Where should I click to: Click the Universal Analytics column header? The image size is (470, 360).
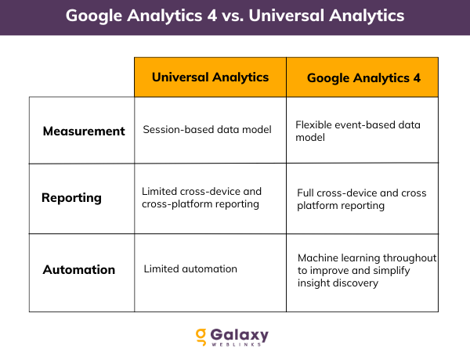pyautogui.click(x=210, y=77)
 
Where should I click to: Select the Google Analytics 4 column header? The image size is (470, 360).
pyautogui.click(x=363, y=77)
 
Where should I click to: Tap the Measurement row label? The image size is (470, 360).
pyautogui.click(x=84, y=131)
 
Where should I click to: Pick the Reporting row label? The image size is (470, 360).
pyautogui.click(x=71, y=198)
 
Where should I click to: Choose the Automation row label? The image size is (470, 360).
pyautogui.click(x=78, y=269)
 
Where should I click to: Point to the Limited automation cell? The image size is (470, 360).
pyautogui.click(x=190, y=269)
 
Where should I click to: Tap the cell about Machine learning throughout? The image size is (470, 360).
pyautogui.click(x=367, y=270)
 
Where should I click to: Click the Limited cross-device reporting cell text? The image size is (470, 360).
pyautogui.click(x=201, y=197)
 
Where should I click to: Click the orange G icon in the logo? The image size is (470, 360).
pyautogui.click(x=201, y=337)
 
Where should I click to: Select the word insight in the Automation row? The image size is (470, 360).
pyautogui.click(x=315, y=283)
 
